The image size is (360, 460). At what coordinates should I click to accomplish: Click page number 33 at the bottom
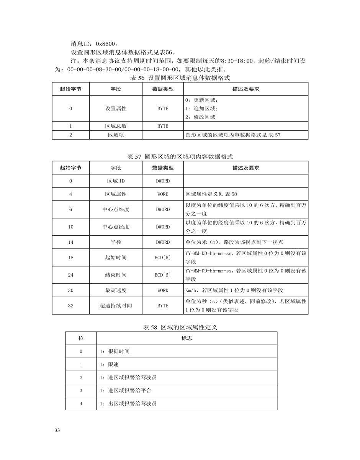pos(57,430)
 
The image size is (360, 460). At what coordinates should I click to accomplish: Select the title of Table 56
pos(180,78)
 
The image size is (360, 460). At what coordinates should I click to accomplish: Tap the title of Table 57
pos(180,156)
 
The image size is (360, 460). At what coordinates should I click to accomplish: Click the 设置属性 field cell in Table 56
pos(116,108)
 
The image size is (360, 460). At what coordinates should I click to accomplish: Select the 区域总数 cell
pos(116,126)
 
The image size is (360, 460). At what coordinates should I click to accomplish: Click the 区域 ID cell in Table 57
pos(116,181)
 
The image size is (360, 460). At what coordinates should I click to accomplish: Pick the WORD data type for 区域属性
pos(163,194)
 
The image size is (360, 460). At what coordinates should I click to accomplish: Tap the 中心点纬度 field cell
pos(116,210)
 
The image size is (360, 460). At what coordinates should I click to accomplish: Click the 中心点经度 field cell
pos(116,227)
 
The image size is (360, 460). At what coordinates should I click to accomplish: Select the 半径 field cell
pos(116,242)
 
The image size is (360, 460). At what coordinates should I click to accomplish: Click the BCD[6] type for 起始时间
pos(163,258)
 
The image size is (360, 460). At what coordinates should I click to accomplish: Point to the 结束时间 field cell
pos(116,275)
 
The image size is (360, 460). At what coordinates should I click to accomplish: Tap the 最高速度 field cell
pos(116,291)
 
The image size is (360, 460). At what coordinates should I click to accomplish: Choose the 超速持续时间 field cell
pos(116,306)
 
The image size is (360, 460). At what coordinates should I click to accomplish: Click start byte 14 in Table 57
pos(71,242)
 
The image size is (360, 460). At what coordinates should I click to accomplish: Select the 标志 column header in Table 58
pos(187,338)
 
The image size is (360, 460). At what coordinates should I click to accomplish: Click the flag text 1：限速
pos(109,365)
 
